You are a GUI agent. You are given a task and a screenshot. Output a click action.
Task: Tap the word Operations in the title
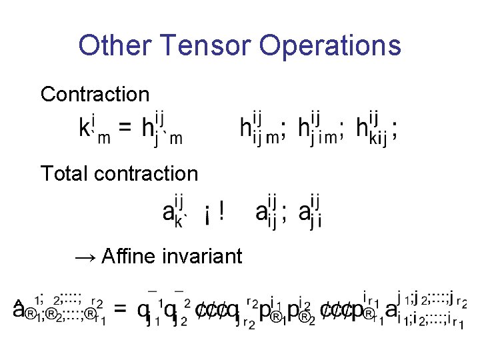point(330,45)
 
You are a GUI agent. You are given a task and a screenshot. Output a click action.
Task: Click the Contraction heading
point(95,94)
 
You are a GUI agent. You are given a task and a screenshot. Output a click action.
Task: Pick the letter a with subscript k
point(169,213)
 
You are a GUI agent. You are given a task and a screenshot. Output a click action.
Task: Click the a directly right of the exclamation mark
point(262,213)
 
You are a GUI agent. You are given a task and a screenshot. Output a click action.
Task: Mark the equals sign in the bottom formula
point(119,310)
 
